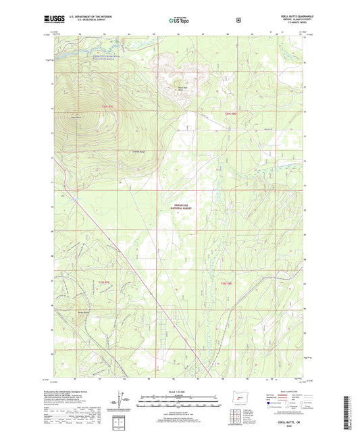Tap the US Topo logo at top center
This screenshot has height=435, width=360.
coord(178,21)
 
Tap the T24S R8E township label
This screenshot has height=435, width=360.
coord(231,114)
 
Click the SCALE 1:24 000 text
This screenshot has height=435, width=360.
coord(179,392)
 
